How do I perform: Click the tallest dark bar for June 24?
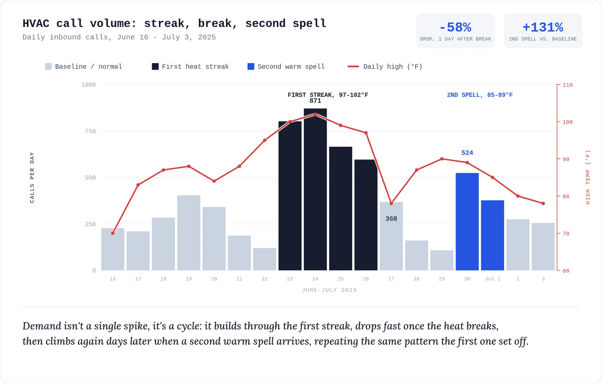point(315,189)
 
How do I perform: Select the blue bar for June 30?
point(467,222)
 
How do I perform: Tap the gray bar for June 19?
point(188,233)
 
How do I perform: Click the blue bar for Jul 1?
point(492,235)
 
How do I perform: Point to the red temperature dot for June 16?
point(113,233)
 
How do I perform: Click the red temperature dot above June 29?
point(442,159)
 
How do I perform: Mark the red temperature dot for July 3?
point(543,203)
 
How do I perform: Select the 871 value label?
point(315,101)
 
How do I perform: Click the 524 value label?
point(467,153)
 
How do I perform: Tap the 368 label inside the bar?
point(391,219)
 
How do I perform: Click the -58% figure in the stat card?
point(455,27)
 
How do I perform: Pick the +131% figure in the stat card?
point(543,27)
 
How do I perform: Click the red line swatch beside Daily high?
point(353,67)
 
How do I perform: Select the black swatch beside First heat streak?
point(155,67)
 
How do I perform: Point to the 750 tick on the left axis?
point(90,131)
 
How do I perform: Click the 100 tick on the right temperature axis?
point(568,122)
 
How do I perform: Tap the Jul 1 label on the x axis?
point(493,279)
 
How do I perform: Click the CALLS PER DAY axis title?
point(32,177)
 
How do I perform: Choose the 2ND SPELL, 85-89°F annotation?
point(480,95)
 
